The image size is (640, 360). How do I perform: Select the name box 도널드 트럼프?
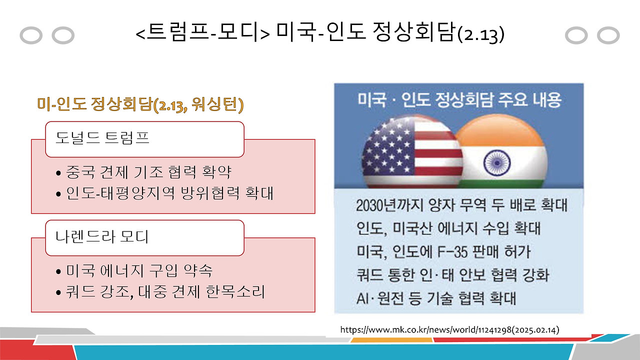tap(144, 139)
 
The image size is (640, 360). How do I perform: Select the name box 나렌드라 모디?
tap(144, 237)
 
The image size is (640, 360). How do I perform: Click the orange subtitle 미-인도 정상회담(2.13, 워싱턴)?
tap(140, 105)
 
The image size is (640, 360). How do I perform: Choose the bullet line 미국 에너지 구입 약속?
tap(139, 271)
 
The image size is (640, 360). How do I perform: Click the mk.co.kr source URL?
tap(449, 330)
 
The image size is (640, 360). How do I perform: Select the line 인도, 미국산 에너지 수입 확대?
tap(448, 228)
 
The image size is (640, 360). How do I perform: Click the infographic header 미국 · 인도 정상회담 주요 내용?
tap(459, 100)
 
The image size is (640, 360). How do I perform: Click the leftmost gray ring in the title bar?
tap(31, 35)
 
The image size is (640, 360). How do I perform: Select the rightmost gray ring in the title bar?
tap(608, 35)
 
